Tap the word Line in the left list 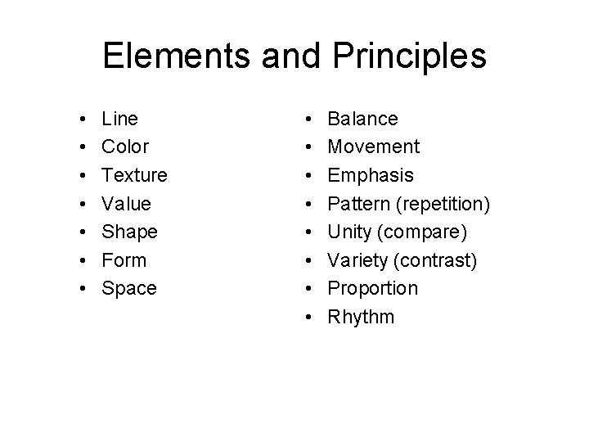(x=119, y=119)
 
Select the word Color (x=125, y=147)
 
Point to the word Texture (x=134, y=175)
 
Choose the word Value (x=126, y=204)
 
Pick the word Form (x=124, y=260)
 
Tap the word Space (x=128, y=289)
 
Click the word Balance (x=362, y=119)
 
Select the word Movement (x=373, y=147)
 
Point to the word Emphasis (x=371, y=175)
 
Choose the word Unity (x=349, y=232)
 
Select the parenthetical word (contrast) (x=429, y=261)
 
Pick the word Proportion (x=372, y=289)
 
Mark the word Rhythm (x=361, y=317)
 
